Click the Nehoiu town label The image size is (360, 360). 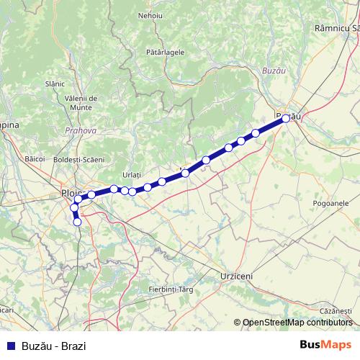(x=150, y=15)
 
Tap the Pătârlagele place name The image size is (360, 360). (x=165, y=52)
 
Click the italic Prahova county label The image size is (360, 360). (x=76, y=131)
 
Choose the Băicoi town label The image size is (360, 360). (x=35, y=157)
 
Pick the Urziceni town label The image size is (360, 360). (x=236, y=276)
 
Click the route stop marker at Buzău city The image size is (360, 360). (x=286, y=119)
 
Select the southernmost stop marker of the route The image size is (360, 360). (x=77, y=222)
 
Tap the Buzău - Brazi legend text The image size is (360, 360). (x=54, y=345)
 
